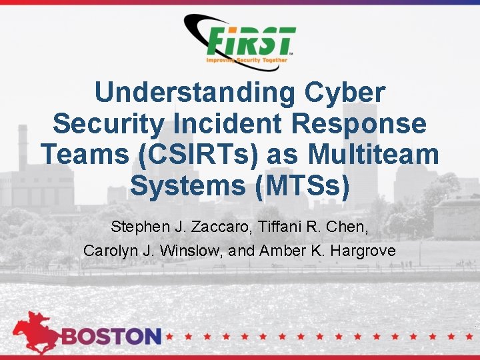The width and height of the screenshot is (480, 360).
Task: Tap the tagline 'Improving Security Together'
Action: pyautogui.click(x=247, y=60)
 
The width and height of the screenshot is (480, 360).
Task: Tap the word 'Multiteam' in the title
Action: pyautogui.click(x=374, y=155)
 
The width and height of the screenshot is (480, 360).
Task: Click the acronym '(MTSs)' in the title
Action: pyautogui.click(x=303, y=186)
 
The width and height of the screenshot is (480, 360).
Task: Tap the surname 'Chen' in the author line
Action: pyautogui.click(x=349, y=227)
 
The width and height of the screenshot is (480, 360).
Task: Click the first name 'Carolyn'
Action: pyautogui.click(x=107, y=251)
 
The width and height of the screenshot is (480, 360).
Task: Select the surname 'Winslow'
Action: pyautogui.click(x=184, y=251)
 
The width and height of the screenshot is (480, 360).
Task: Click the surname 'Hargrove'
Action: pyautogui.click(x=364, y=251)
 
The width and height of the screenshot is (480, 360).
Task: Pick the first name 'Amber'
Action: pyautogui.click(x=279, y=251)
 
